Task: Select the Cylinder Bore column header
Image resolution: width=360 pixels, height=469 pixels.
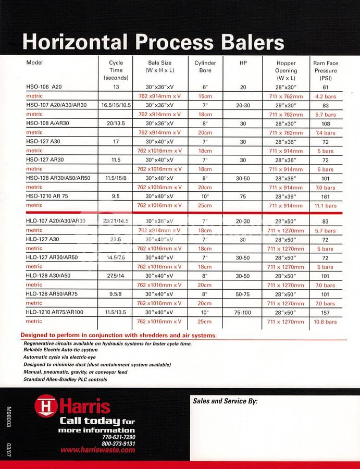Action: click(205, 67)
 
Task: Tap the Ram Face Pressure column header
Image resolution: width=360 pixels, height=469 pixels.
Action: click(326, 70)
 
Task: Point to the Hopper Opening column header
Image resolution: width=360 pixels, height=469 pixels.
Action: click(286, 70)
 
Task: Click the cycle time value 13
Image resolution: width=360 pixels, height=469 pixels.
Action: click(116, 87)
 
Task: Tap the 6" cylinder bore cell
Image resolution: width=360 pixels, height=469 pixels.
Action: click(205, 87)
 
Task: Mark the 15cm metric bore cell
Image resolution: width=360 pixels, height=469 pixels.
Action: click(205, 96)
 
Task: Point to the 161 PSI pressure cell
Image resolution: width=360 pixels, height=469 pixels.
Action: click(326, 196)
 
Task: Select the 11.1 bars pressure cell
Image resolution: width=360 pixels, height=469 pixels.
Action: click(326, 206)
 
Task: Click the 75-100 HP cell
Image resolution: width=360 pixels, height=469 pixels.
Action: click(243, 312)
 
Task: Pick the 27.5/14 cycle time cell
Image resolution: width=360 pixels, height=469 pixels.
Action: click(116, 276)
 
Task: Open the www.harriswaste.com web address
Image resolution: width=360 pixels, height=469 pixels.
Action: click(97, 450)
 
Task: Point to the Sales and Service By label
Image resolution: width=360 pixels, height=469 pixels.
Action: click(225, 401)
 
